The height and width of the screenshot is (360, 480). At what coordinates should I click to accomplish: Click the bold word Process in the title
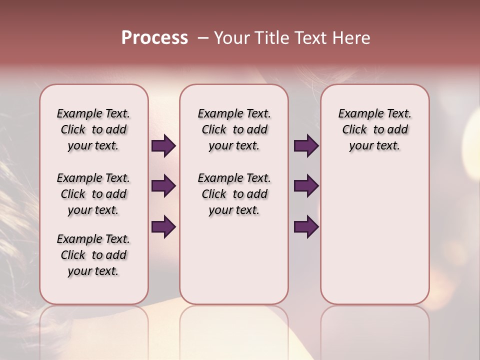154,38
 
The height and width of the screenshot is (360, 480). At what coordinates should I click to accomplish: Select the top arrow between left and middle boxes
163,146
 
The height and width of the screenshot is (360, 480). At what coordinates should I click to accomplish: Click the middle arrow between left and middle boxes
163,186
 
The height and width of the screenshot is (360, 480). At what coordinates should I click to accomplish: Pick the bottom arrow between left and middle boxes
163,226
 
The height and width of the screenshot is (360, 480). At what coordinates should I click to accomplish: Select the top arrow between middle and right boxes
306,146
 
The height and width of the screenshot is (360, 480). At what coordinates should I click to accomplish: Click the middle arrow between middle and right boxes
306,186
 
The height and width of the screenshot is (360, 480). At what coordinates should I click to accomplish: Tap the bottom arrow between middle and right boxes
306,226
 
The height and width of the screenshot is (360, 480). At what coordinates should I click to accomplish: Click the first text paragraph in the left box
93,129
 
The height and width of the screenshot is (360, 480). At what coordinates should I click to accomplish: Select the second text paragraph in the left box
93,194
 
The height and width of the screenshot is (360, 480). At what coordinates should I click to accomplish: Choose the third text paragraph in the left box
93,255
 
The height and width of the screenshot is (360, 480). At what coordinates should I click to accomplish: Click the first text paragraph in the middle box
234,129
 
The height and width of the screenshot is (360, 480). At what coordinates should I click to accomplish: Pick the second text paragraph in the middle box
234,194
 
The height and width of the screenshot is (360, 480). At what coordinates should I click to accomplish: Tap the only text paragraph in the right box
374,129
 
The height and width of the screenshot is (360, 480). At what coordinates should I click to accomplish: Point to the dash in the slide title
203,38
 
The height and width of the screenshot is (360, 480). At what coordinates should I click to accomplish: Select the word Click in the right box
354,130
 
